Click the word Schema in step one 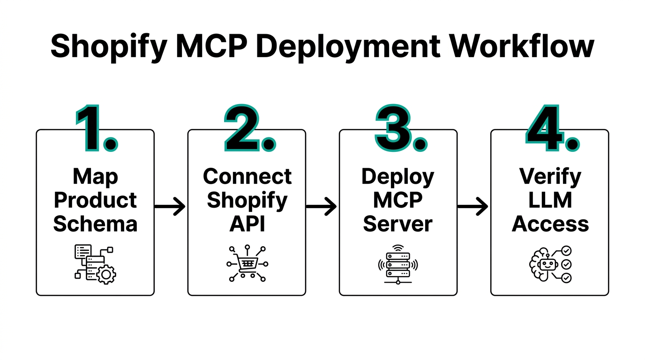95,224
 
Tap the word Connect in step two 247,177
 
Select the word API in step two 247,224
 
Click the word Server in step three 398,224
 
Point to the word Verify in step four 550,177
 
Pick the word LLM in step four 550,201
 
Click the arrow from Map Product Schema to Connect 170,206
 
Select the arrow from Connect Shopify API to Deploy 322,206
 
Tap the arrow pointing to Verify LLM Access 473,206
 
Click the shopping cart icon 247,264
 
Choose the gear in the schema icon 105,274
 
